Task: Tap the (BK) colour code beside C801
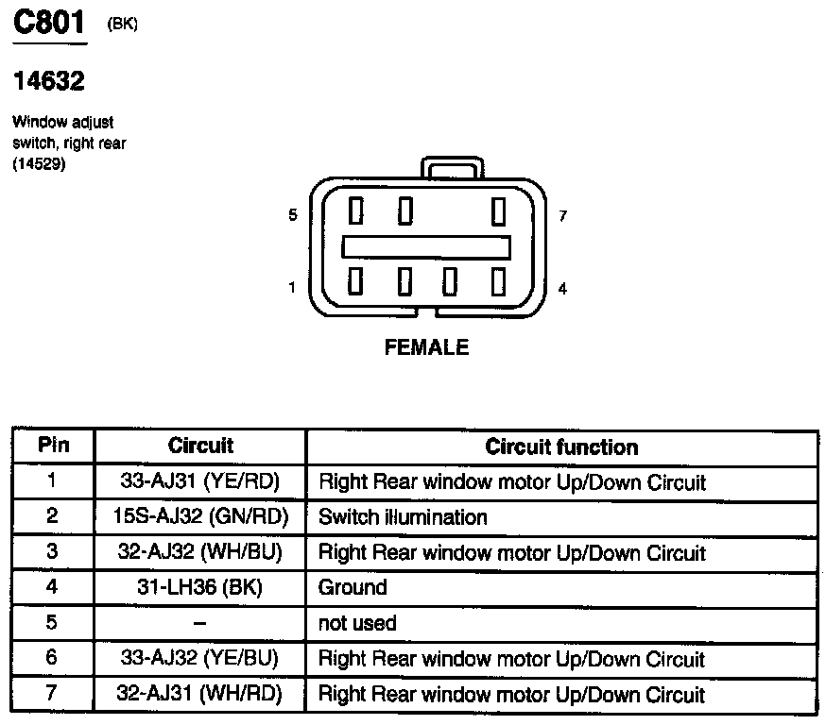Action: (x=123, y=25)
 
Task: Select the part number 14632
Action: (x=48, y=82)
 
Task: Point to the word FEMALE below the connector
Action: (x=426, y=347)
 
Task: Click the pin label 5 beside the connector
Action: (x=293, y=215)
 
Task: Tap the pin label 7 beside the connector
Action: (x=563, y=216)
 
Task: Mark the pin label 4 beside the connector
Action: (x=563, y=289)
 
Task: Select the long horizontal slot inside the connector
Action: (x=426, y=246)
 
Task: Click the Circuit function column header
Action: (x=561, y=447)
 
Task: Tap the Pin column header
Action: (x=53, y=446)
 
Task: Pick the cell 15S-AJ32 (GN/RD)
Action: (x=200, y=517)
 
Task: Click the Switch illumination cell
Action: (x=403, y=517)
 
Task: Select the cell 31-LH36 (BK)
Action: (x=200, y=588)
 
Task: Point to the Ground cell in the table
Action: (x=353, y=588)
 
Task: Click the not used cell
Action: (x=357, y=624)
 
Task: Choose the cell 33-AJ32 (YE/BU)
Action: (x=200, y=659)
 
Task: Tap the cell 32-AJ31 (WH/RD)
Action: (x=200, y=695)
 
